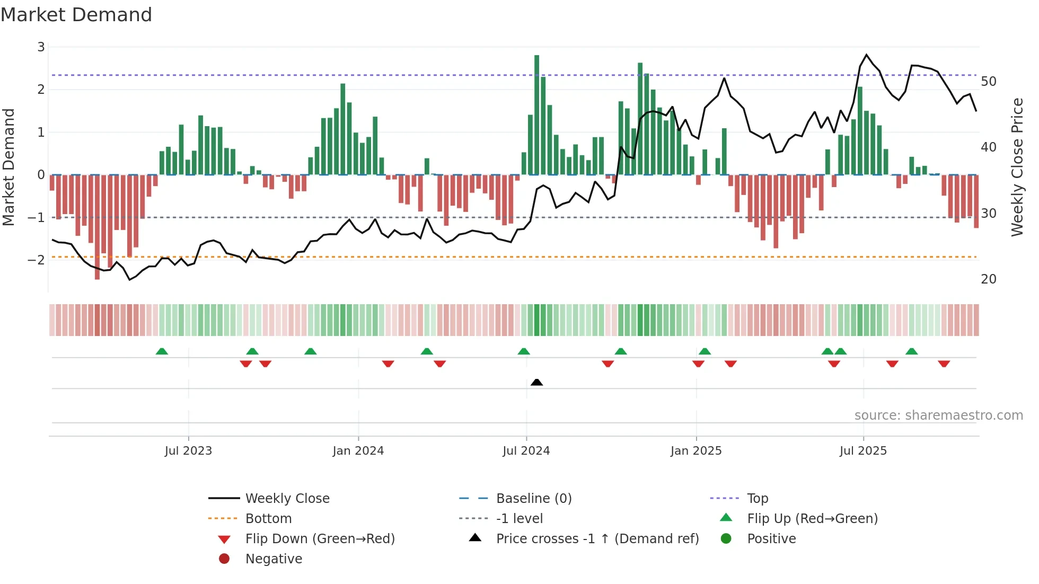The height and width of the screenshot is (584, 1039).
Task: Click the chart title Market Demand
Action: tap(76, 15)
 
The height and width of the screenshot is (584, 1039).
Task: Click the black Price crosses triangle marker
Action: tap(536, 382)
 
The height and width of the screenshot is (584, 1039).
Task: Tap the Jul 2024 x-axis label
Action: tap(526, 451)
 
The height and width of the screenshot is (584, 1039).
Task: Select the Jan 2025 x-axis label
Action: tap(695, 451)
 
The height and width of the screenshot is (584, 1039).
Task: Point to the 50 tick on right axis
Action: tap(988, 82)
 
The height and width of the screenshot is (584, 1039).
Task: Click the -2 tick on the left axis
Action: tap(36, 260)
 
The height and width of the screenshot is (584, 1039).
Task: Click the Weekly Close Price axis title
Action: tap(1017, 167)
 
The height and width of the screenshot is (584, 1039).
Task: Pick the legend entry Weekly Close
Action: tap(287, 499)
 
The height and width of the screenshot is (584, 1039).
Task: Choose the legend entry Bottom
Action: tap(268, 519)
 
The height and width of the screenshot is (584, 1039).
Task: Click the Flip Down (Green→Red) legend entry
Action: tap(320, 539)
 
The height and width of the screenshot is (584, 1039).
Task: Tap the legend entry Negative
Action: tap(274, 559)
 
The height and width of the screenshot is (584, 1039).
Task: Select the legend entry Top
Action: tap(757, 499)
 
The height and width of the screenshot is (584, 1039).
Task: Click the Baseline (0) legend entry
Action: tap(533, 499)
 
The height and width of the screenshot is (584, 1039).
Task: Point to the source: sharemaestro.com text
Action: tap(938, 415)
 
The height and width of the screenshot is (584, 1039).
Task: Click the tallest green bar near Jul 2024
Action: tap(536, 114)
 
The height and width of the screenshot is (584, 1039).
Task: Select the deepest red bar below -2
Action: tap(97, 228)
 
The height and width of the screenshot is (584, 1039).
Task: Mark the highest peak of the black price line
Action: tap(866, 55)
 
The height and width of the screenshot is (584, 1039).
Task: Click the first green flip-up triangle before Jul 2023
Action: tap(162, 351)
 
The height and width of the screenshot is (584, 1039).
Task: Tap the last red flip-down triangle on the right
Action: tap(944, 364)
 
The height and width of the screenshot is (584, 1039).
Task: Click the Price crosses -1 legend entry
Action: tap(597, 539)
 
